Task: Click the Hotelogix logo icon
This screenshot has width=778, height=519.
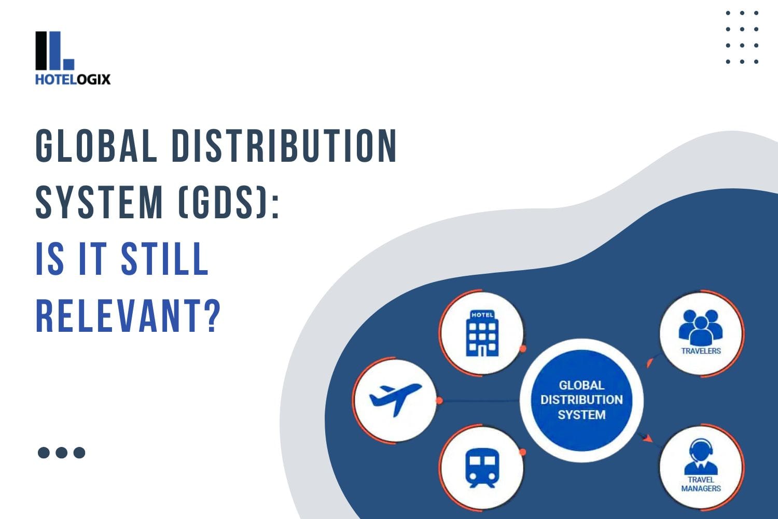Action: pos(54,51)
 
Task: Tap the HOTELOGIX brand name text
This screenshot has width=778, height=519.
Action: pos(73,79)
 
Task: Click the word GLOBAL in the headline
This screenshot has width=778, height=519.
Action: pos(96,146)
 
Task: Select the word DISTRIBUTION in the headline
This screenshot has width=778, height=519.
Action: pos(284,146)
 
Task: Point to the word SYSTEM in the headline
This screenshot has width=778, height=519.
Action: pos(99,203)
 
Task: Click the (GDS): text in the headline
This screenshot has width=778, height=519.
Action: pos(228,203)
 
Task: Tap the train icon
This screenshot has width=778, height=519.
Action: pos(482,467)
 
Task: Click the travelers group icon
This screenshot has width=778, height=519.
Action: pos(701,327)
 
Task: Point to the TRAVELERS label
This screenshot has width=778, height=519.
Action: pos(701,351)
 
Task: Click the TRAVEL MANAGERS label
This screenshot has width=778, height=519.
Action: pos(701,484)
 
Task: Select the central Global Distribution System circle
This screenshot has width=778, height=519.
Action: pos(581,400)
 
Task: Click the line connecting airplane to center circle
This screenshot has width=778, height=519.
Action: pos(480,401)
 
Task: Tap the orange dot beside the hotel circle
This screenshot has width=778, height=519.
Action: pos(523,348)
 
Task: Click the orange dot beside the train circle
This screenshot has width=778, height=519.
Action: pos(523,452)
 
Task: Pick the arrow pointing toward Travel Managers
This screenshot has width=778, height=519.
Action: pos(646,438)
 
